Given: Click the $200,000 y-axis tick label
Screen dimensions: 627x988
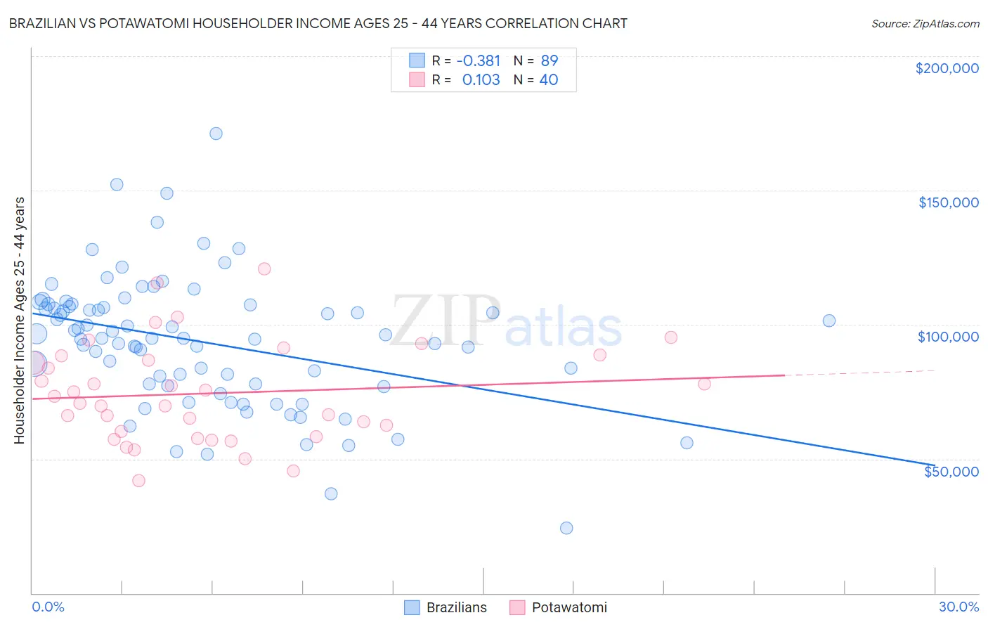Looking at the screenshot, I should point(947,68).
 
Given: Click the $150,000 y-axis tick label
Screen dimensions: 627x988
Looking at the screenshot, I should point(948,202).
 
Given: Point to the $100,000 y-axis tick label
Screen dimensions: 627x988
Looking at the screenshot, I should point(948,337).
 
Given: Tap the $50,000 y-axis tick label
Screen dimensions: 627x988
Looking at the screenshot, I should point(951,471).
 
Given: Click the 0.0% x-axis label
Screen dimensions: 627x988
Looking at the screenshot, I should point(48,607).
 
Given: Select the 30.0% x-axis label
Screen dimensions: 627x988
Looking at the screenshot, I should point(958,607).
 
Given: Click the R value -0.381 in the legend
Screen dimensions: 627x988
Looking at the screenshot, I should point(478,61).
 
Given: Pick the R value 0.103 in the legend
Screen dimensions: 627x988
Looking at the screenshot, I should point(481,80).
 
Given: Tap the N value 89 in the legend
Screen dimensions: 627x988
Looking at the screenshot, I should point(549,61).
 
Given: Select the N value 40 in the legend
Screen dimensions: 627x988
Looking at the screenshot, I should point(548,80).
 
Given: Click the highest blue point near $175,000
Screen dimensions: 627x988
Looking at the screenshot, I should point(216,134).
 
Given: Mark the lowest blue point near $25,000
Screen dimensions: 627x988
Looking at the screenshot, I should point(566,528).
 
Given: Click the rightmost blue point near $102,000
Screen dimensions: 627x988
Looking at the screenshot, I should point(829,321).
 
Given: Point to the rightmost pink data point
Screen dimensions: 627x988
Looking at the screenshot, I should point(704,384).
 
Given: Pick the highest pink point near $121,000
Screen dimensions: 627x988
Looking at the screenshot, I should point(264,269).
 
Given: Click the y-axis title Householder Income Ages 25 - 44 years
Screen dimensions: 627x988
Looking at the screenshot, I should point(20,321).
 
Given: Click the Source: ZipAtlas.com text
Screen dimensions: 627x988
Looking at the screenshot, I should point(925,24).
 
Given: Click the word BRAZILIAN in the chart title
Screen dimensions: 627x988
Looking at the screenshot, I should point(44,23).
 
